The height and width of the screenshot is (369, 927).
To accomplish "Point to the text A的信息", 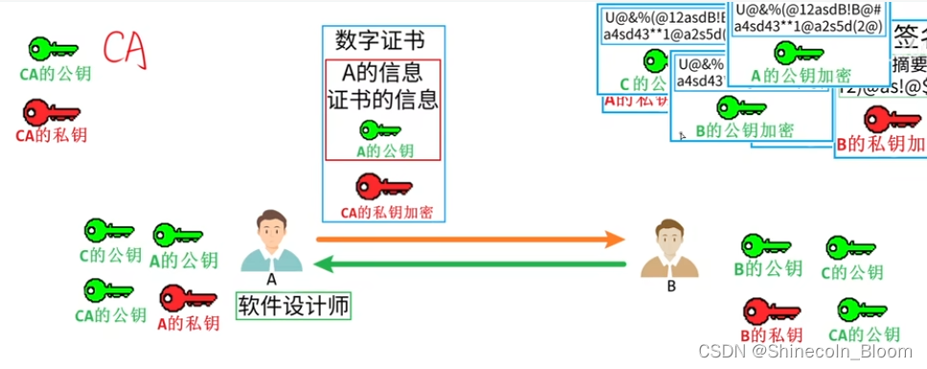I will point(382,73).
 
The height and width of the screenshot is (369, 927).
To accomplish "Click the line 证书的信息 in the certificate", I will point(382,99).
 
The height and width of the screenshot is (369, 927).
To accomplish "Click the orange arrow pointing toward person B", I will point(470,237).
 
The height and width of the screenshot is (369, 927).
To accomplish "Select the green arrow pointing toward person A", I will point(470,264).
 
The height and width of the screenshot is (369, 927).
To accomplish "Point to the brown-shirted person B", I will point(669,247).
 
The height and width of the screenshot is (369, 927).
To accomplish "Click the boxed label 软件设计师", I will point(293,307).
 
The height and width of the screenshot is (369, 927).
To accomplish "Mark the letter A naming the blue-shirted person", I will point(271,280).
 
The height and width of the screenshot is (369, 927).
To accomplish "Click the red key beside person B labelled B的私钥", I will point(769,311).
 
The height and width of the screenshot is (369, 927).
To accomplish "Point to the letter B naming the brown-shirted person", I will point(671,285).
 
